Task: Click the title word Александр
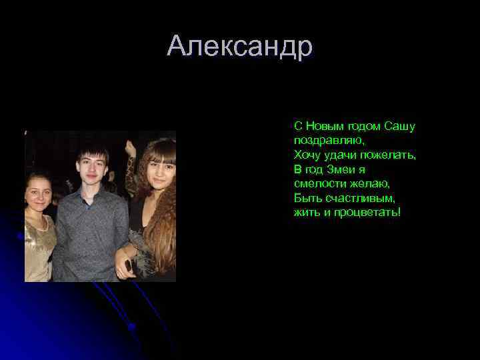point(240,47)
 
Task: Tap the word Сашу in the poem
point(400,126)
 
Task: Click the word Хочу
point(306,155)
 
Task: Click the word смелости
point(317,183)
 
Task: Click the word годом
point(363,126)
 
